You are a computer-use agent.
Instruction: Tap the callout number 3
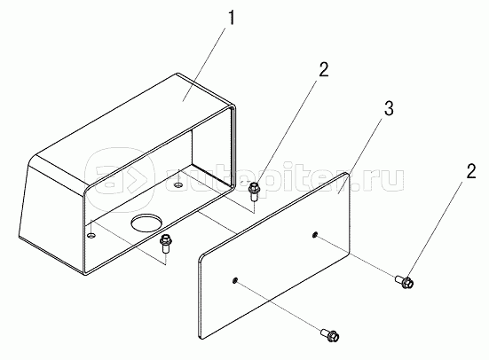pos(389,109)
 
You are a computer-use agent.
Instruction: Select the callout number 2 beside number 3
pos(324,69)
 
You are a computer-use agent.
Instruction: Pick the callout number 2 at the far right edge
pos(471,171)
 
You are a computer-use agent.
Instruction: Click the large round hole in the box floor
pos(146,223)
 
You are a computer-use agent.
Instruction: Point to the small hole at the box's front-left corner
pos(91,235)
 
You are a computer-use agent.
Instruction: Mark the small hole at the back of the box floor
pos(178,185)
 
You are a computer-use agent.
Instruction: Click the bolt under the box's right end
pos(253,192)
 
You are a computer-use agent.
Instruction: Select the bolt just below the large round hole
pos(164,245)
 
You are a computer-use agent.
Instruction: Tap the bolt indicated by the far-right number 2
pos(405,281)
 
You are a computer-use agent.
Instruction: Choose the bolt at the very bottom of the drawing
pos(330,335)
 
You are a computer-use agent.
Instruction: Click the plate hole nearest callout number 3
pos(315,234)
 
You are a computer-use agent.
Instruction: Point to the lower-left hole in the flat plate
pos(234,280)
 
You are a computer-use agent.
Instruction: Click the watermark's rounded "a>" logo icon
pos(120,180)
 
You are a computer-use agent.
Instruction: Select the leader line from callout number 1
pos(204,64)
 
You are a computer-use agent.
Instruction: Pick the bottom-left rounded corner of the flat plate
pos(201,335)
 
